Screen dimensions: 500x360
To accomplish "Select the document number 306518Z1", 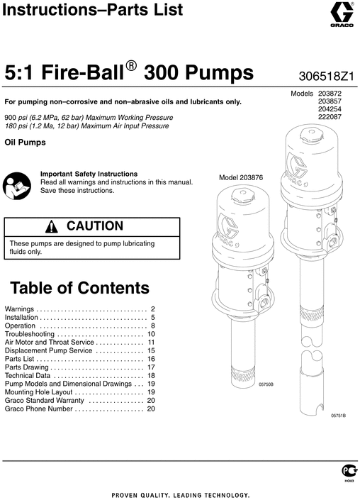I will click(322, 74).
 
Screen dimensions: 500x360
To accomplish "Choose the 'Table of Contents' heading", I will click(79, 288).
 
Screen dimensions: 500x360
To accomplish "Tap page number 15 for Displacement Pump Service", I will click(151, 351).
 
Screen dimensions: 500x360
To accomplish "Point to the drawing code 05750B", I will click(266, 384).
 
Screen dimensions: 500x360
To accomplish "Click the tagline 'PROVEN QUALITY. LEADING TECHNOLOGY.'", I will click(180, 494).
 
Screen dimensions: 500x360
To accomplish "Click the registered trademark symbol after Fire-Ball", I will click(131, 65).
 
